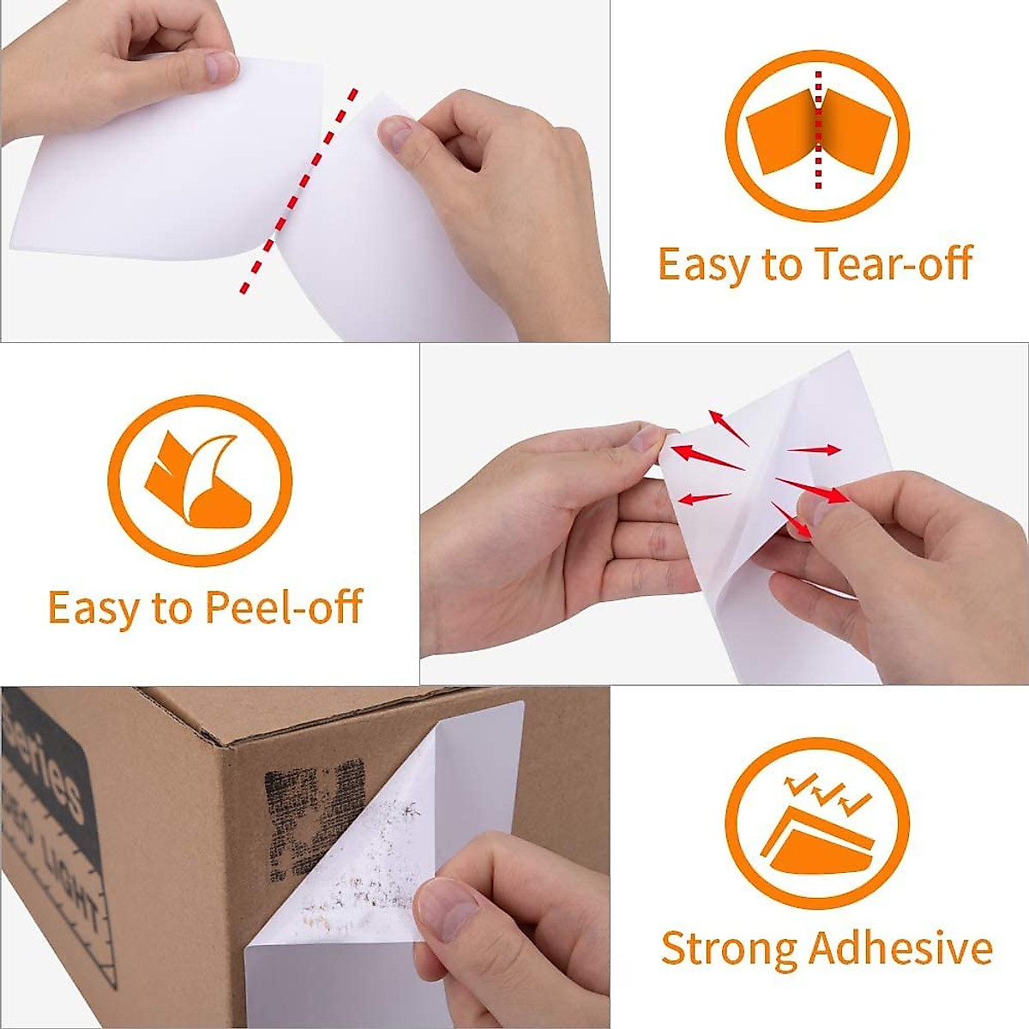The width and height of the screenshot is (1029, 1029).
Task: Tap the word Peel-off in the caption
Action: tap(284, 607)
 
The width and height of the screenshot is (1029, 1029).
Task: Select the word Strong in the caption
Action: tap(728, 949)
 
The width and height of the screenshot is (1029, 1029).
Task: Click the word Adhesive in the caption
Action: tap(900, 949)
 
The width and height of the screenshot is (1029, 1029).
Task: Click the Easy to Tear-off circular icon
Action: tap(816, 136)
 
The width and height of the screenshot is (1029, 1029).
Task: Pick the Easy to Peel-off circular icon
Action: tap(200, 481)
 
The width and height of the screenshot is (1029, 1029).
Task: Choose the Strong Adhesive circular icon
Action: tap(816, 823)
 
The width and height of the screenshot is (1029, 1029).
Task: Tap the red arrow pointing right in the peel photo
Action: tap(815, 449)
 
